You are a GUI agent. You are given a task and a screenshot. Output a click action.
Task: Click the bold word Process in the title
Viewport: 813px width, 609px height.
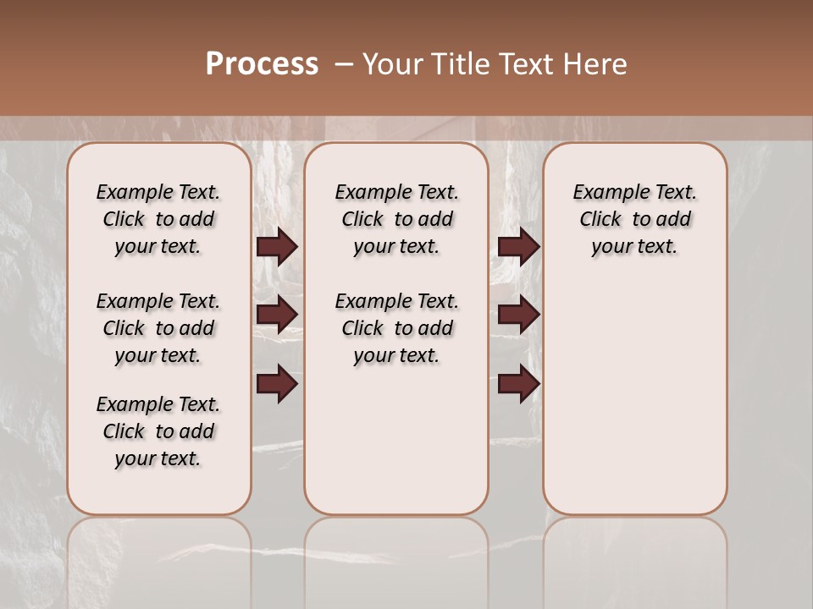pyautogui.click(x=262, y=64)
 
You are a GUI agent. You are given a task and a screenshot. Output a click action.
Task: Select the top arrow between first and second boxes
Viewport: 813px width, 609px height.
pyautogui.click(x=276, y=246)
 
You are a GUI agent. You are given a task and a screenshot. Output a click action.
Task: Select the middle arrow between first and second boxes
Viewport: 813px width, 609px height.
pyautogui.click(x=276, y=315)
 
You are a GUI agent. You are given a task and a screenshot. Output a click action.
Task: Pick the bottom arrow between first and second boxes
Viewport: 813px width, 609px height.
pyautogui.click(x=276, y=384)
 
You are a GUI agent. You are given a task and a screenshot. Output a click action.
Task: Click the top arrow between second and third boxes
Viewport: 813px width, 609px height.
pyautogui.click(x=518, y=246)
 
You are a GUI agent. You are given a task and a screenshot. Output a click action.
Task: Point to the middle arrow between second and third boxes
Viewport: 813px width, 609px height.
pyautogui.click(x=518, y=315)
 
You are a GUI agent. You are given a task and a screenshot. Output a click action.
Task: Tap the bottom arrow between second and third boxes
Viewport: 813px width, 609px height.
pyautogui.click(x=518, y=384)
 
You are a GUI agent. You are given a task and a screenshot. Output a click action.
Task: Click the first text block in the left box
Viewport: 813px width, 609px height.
pyautogui.click(x=158, y=219)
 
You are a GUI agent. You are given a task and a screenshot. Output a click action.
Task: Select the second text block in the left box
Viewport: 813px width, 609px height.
pyautogui.click(x=158, y=328)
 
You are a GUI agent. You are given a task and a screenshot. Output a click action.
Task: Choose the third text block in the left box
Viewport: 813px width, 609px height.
pyautogui.click(x=158, y=431)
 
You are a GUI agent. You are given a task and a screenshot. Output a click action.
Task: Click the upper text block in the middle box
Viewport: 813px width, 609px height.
pyautogui.click(x=396, y=219)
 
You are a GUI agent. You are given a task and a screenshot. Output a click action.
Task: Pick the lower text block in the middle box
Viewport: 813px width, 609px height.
pyautogui.click(x=396, y=328)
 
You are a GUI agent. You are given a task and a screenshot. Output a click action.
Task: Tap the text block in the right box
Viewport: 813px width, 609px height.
pyautogui.click(x=634, y=219)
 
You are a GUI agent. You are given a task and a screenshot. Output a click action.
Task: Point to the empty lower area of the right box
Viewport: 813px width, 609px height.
pyautogui.click(x=634, y=398)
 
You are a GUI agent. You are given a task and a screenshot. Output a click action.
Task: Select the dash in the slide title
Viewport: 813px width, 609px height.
pyautogui.click(x=344, y=64)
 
